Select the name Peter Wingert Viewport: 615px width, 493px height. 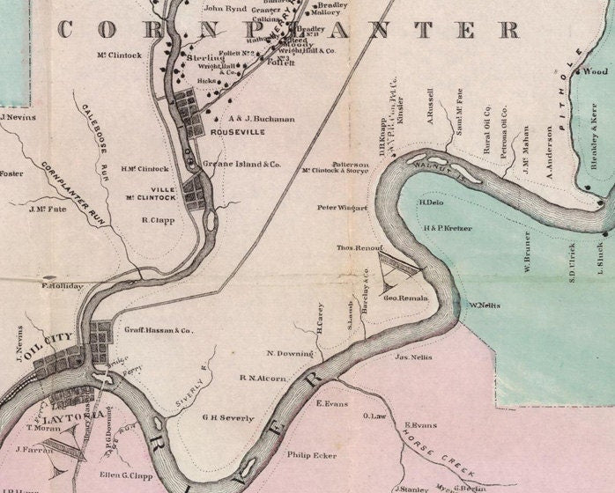click(x=343, y=208)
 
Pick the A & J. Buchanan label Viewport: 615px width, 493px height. click(x=261, y=118)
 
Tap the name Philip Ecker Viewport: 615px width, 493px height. click(x=311, y=455)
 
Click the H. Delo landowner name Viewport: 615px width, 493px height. click(x=432, y=202)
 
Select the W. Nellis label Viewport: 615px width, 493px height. click(x=485, y=305)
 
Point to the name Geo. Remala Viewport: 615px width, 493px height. click(x=405, y=298)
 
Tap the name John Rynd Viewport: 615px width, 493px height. click(x=225, y=9)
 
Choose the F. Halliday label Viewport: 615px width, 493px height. click(x=62, y=286)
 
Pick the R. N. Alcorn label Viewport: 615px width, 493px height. click(x=263, y=379)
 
